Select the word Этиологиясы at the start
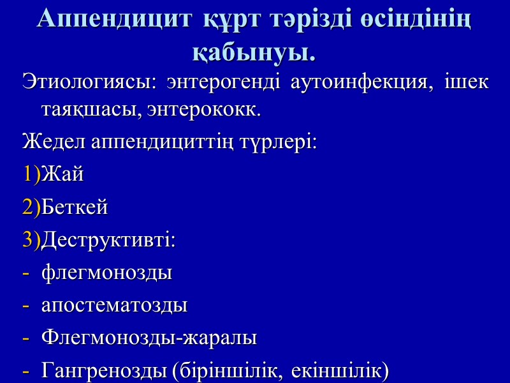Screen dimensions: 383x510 point(89,83)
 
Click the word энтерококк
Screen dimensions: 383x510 point(211,110)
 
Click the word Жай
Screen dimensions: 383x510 point(62,174)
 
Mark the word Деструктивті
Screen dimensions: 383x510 point(108,241)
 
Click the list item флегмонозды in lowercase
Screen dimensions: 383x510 point(107,274)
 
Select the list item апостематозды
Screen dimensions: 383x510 point(115,306)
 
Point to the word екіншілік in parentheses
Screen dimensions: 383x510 point(345,371)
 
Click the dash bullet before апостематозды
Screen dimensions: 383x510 point(25,306)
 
